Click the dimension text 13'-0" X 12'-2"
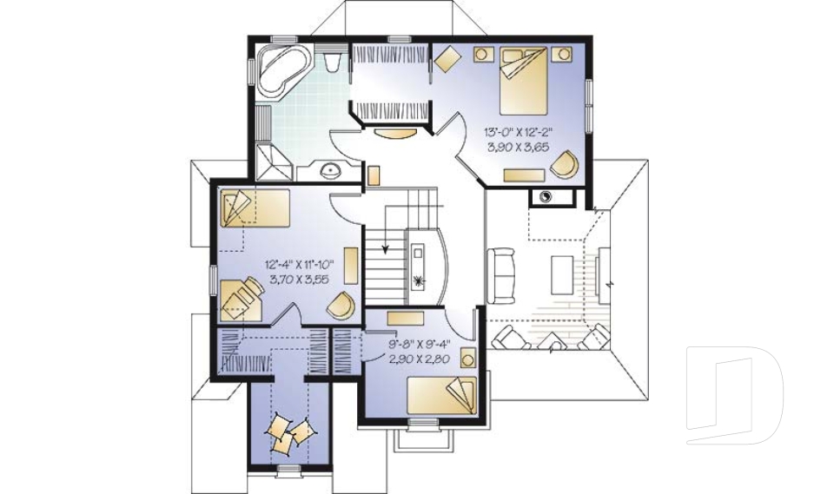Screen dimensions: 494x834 pos(518,132)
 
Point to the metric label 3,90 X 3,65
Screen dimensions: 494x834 pos(518,147)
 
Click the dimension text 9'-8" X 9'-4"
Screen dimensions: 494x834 pos(419,342)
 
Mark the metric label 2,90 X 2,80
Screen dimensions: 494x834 pos(419,357)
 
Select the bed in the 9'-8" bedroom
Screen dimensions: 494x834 pos(444,395)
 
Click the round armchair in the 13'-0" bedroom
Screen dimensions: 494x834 pos(567,162)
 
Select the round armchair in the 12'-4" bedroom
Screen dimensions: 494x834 pos(341,305)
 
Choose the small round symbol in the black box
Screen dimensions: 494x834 pos(546,196)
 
